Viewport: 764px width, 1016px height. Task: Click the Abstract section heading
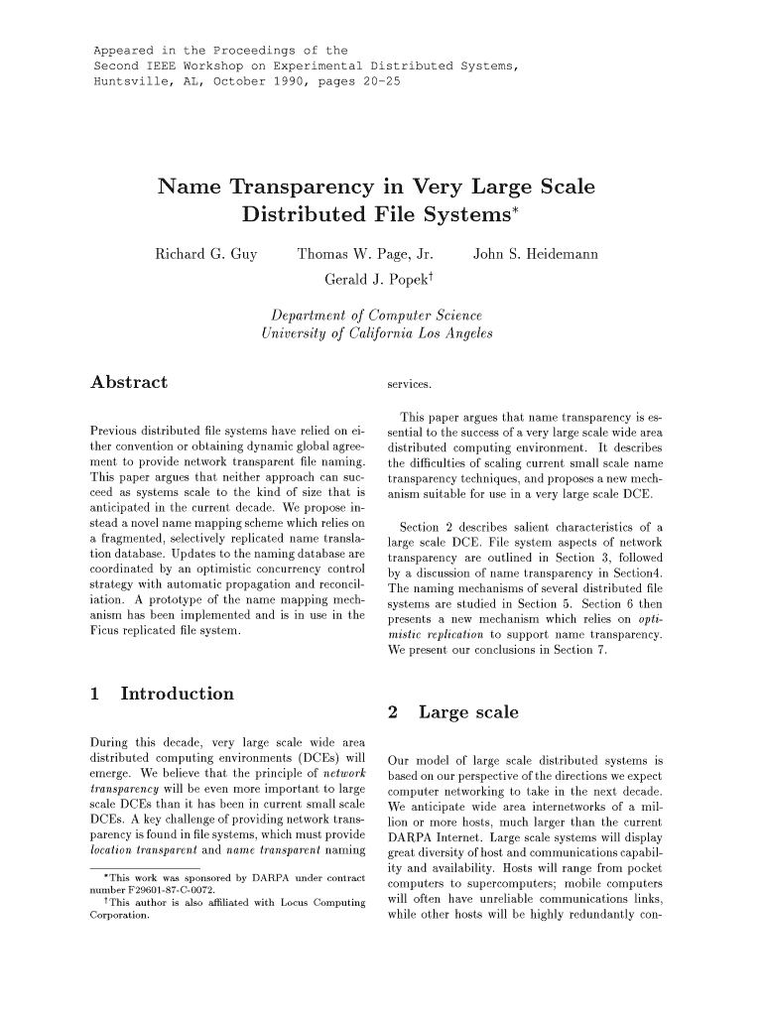pyautogui.click(x=128, y=382)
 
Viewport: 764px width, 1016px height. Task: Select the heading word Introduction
pyautogui.click(x=177, y=694)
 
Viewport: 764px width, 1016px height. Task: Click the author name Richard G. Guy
pyautogui.click(x=206, y=255)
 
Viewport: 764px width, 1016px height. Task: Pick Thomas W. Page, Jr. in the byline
pyautogui.click(x=365, y=255)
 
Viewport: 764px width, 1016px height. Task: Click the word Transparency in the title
pyautogui.click(x=305, y=187)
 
